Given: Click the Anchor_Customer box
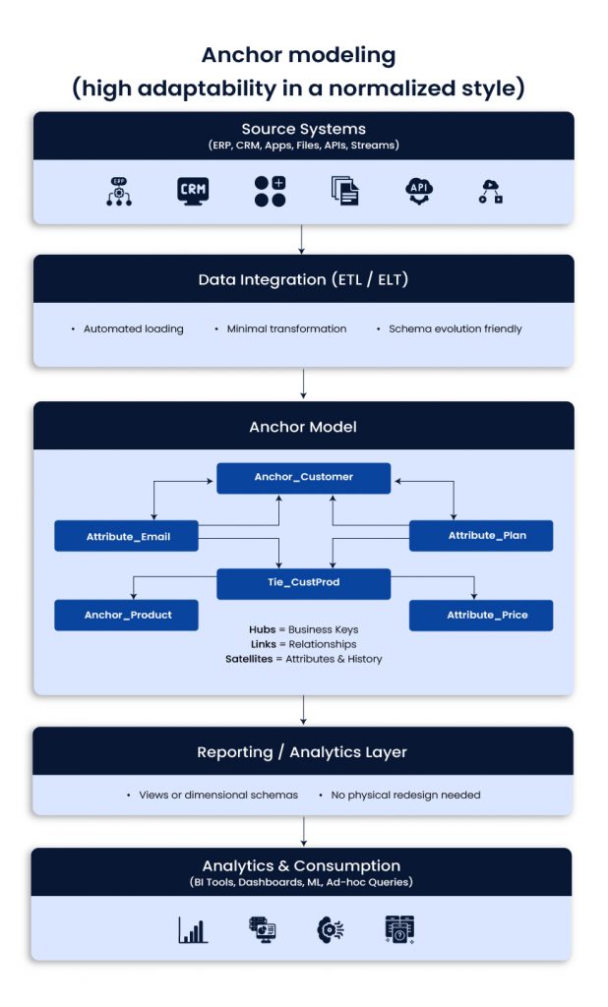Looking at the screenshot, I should point(303,477).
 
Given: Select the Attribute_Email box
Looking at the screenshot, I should point(127,536).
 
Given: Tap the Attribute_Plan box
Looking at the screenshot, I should point(481,536).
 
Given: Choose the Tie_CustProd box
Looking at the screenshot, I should point(303,583).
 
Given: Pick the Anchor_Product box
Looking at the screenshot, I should point(127,615).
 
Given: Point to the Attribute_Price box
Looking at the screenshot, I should point(481,615).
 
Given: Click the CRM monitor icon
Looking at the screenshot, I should point(193,191).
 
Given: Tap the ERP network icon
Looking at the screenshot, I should point(119,191).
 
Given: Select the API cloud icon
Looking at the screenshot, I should point(419,191).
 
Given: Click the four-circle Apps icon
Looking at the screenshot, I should point(270,191).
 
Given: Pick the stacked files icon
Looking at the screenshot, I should point(344,191).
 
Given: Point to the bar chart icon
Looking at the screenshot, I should point(193,929).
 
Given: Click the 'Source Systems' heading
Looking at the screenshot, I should point(303,129).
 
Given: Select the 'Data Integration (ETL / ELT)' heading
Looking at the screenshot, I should point(303,279).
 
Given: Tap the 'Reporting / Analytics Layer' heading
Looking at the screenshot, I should point(303,751).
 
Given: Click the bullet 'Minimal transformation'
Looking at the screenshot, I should point(286,328).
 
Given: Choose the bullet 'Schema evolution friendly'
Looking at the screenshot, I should point(455,328).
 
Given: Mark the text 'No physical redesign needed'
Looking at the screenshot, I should point(404,795).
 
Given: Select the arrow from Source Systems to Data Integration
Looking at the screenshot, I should point(303,239).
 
